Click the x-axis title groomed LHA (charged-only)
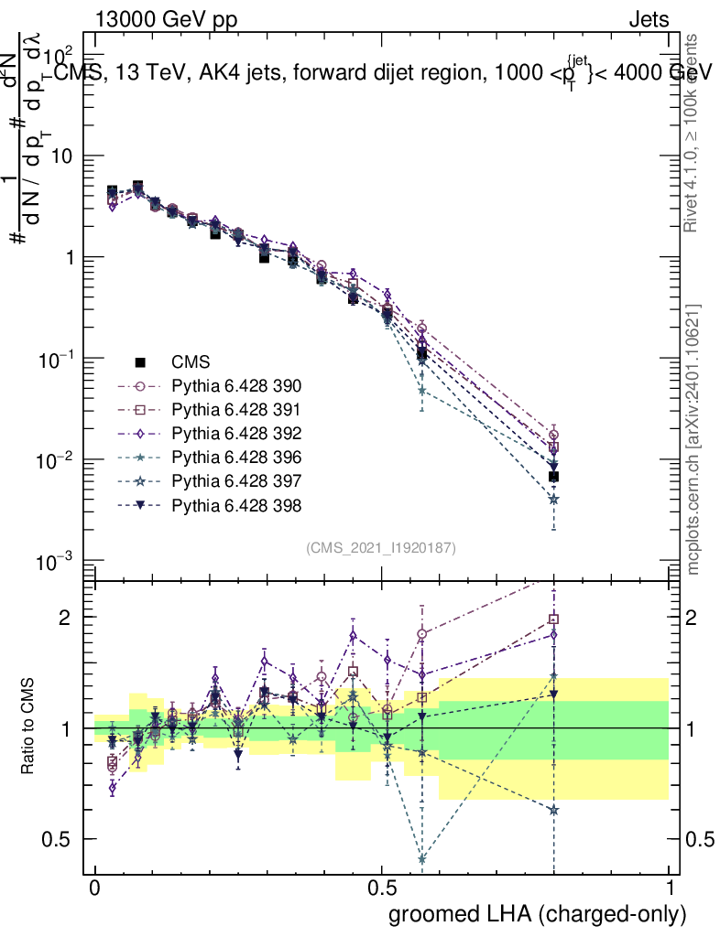pos(539,914)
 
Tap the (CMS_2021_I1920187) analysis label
pos(381,547)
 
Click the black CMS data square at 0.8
pos(553,477)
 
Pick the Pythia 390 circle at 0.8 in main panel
pos(553,435)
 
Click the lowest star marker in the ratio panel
pos(421,859)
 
